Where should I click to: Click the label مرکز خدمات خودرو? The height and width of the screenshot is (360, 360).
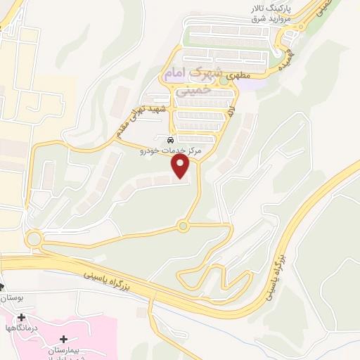point(172,150)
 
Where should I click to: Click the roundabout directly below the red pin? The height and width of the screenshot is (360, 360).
point(184,226)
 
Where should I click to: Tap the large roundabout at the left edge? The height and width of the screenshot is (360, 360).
point(33,239)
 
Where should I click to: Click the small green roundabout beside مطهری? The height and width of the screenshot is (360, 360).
point(224,80)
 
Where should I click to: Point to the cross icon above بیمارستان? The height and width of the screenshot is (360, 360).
point(65,340)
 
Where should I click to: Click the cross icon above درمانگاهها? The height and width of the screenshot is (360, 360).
point(21,318)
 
